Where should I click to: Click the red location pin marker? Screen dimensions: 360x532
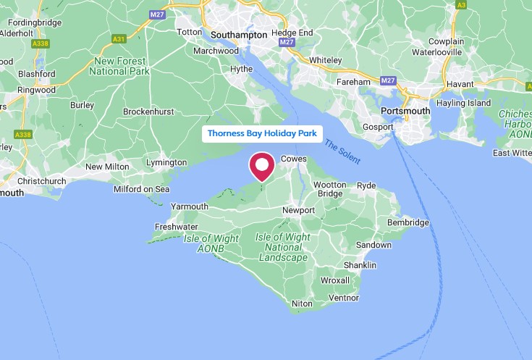(261, 166)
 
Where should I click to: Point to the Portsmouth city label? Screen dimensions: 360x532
(405, 111)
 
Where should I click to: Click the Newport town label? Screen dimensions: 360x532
(298, 210)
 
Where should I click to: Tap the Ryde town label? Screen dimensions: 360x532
(366, 185)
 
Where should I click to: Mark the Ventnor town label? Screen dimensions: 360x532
(343, 297)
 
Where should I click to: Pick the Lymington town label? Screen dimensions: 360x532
(166, 162)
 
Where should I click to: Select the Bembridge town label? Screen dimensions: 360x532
(408, 222)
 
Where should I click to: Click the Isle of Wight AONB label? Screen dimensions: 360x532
(205, 243)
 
